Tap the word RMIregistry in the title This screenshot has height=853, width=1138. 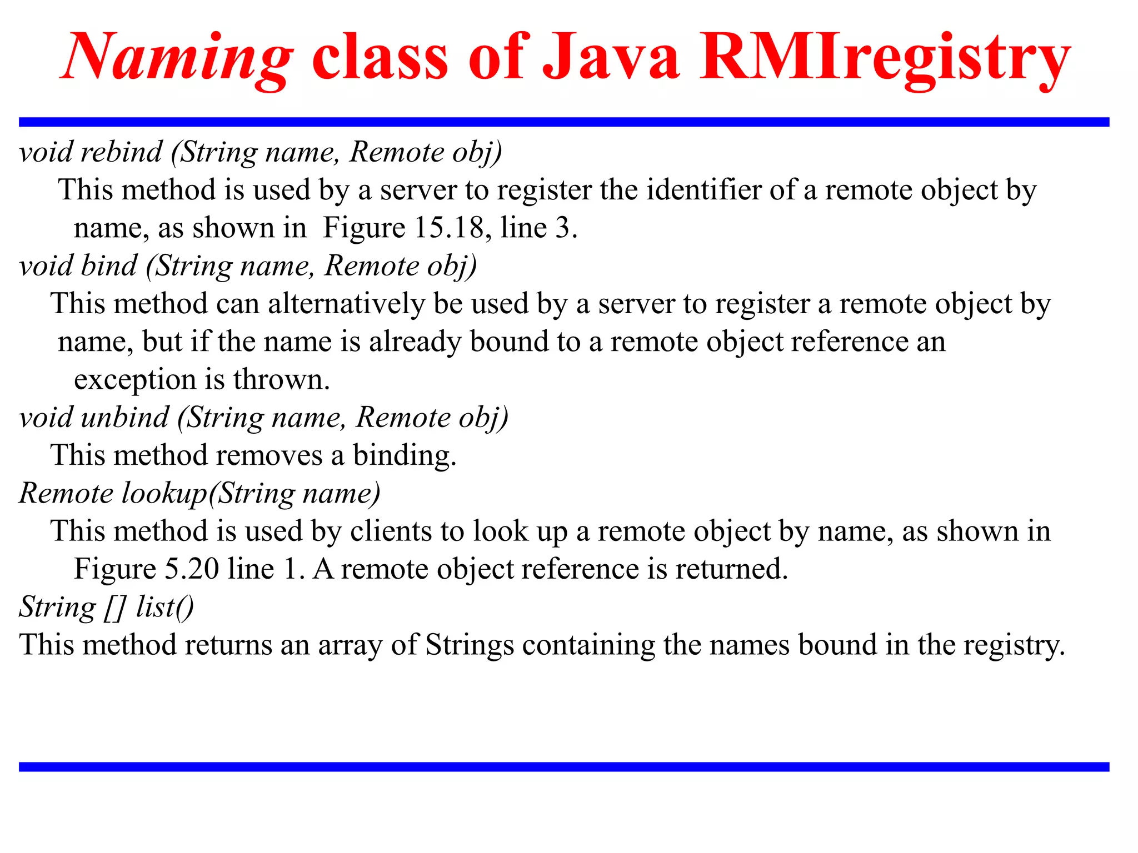point(885,58)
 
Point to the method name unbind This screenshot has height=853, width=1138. point(124,417)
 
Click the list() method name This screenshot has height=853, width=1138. point(165,606)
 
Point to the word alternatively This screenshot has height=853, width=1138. point(346,304)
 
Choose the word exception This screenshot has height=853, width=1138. point(135,380)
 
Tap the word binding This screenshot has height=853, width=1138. point(405,455)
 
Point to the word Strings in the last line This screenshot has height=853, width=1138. point(470,645)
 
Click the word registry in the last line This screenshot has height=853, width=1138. point(1014,645)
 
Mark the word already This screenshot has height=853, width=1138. point(415,342)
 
